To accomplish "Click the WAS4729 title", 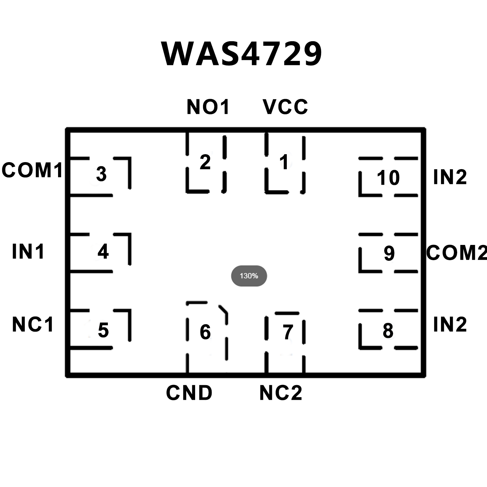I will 242,54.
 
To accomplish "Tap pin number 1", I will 284,162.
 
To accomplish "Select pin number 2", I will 205,162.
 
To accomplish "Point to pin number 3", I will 101,174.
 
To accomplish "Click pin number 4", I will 103,251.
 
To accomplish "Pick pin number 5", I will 103,330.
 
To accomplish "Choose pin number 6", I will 205,332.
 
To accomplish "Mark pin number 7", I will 288,332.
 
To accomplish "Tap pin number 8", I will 388,331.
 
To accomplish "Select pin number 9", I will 389,253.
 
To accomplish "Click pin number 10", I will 388,177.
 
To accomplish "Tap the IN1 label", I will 28,252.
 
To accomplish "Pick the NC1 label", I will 33,325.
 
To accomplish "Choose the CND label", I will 189,393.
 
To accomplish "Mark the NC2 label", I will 281,393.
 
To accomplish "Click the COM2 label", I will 456,253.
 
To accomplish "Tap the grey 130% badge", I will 249,276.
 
